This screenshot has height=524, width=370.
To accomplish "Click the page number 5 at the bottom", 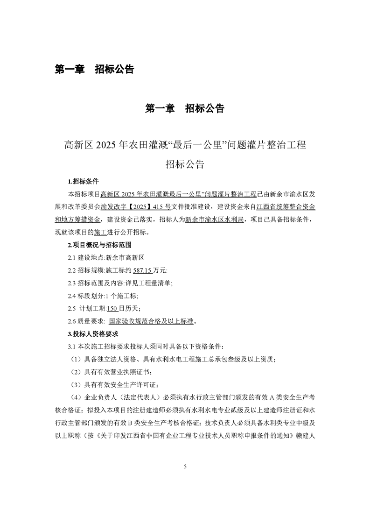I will [x=185, y=466].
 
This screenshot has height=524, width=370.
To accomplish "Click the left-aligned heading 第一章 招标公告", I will [x=94, y=69].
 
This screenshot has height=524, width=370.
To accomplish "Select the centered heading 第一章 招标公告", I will [x=185, y=108].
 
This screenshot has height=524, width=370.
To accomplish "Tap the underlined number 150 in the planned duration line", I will [x=112, y=308].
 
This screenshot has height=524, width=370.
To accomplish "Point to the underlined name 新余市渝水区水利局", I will [x=214, y=219].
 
